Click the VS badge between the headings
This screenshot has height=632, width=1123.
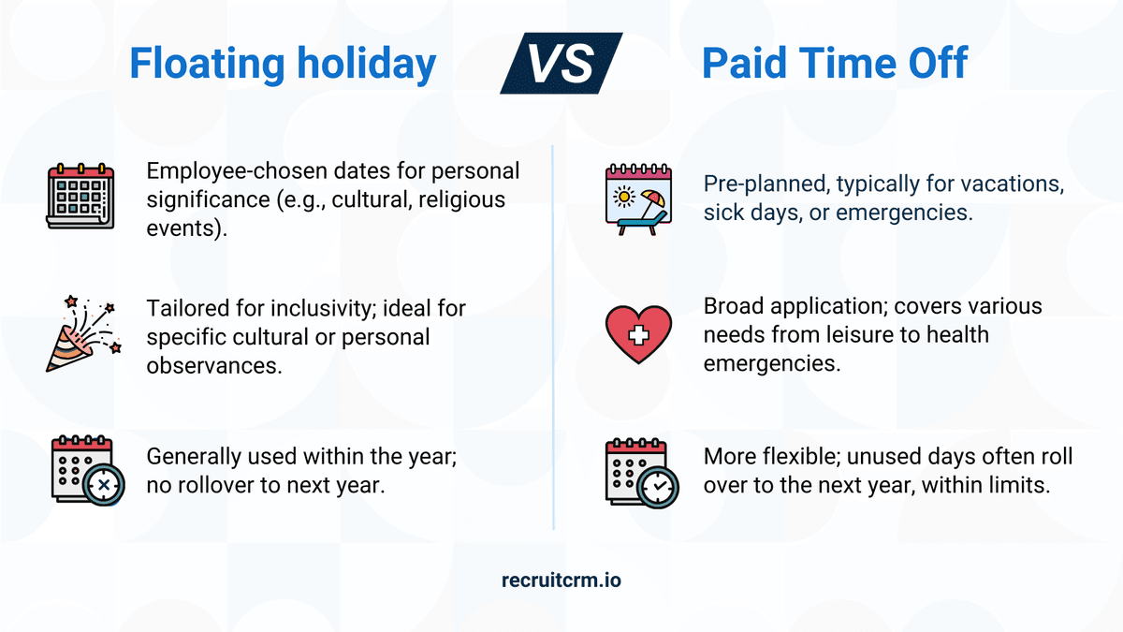[x=561, y=64]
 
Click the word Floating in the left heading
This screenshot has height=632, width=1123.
[x=207, y=65]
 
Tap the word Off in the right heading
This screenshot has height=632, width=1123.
[x=938, y=63]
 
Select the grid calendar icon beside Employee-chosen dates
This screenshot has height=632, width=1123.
[x=80, y=196]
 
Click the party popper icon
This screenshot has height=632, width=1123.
[x=83, y=334]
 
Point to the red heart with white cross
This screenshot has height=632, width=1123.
[x=638, y=334]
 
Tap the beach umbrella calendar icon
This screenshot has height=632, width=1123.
[x=638, y=199]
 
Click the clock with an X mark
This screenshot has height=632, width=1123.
[x=104, y=485]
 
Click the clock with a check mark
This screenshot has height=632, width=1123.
[x=658, y=487]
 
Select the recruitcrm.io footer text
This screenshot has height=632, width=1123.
[x=561, y=580]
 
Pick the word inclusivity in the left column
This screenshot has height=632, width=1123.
[x=324, y=308]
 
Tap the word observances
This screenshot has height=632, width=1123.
[x=214, y=366]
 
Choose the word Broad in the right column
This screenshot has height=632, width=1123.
[x=734, y=306]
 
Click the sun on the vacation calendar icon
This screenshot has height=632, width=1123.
[x=624, y=196]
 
